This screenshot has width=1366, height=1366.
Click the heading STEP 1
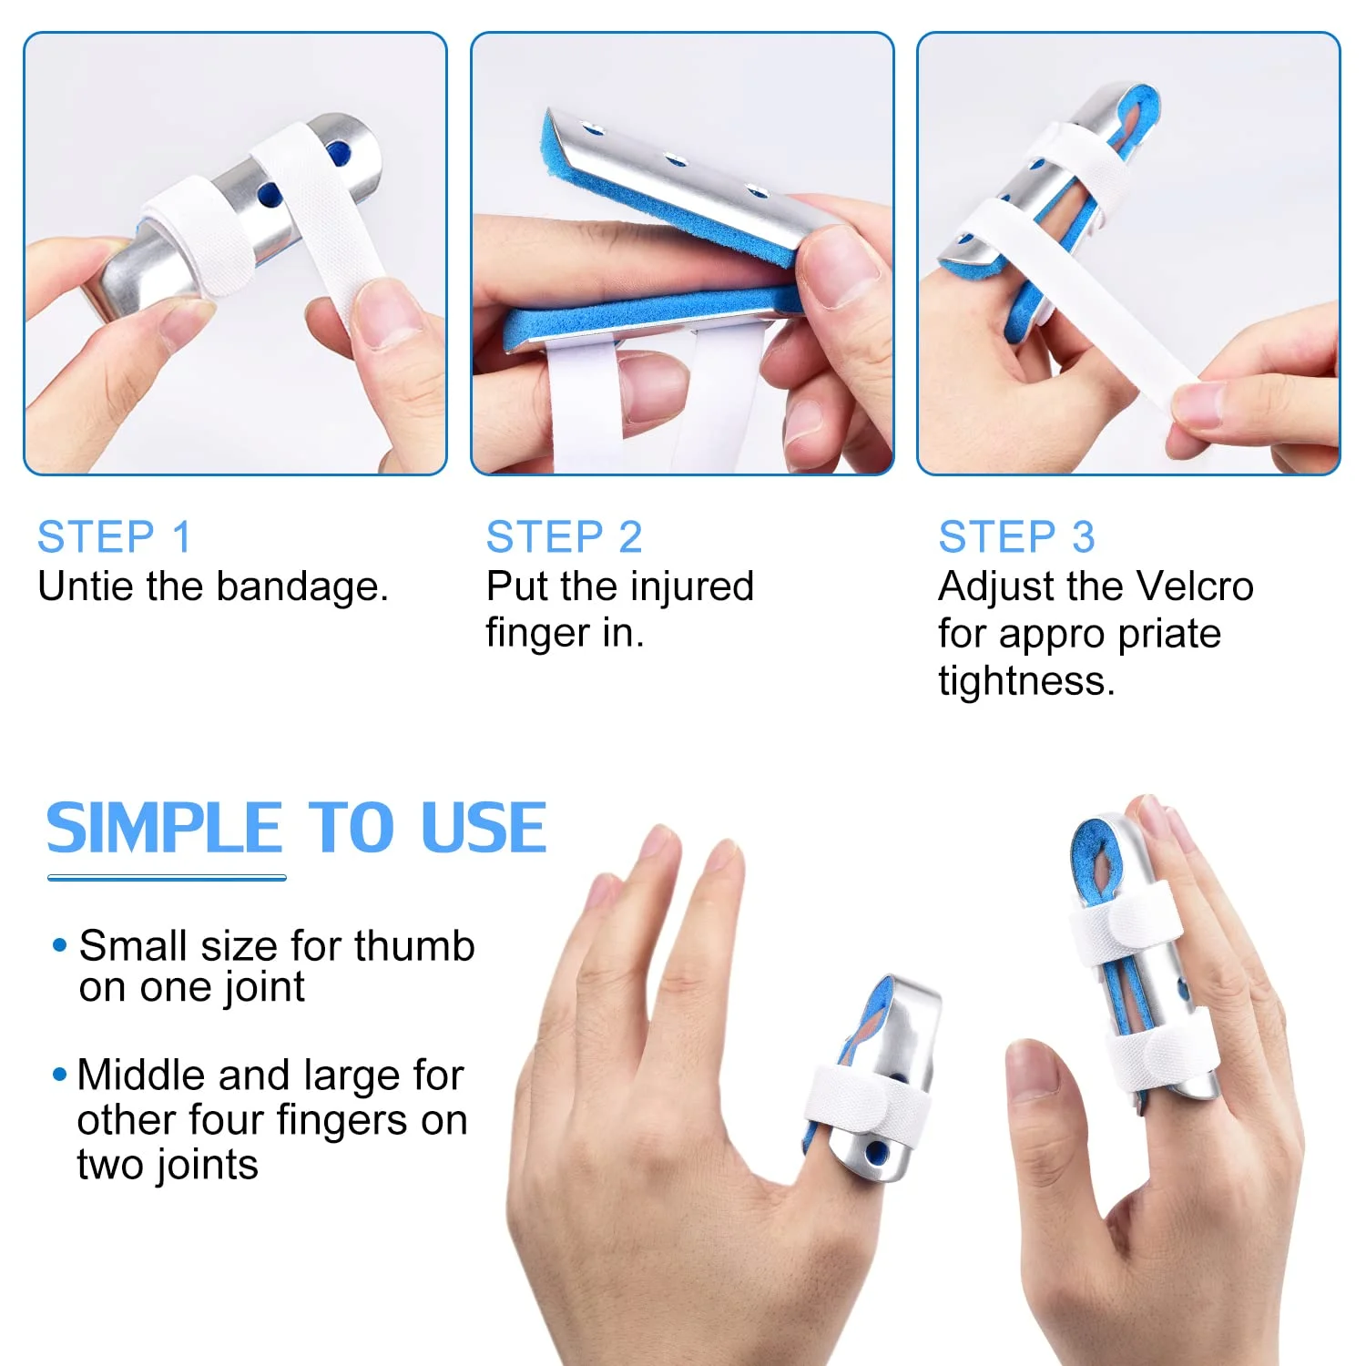[x=115, y=536]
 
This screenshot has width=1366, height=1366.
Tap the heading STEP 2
[x=564, y=536]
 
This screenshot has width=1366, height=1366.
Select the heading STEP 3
[x=1016, y=536]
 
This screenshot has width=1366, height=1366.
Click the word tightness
[x=1025, y=680]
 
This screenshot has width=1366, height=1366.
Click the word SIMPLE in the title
[x=164, y=828]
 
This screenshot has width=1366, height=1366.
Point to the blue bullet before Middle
[x=60, y=1075]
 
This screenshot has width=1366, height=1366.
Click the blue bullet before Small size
[x=60, y=945]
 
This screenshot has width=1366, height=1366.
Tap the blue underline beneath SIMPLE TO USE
[x=167, y=878]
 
